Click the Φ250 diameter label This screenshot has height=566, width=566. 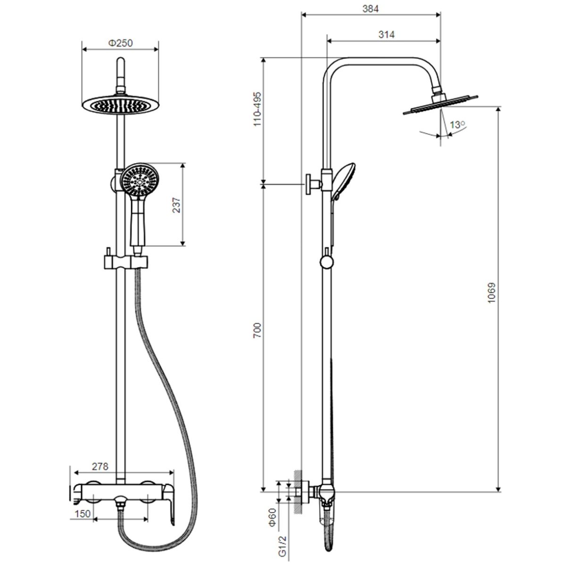click(120, 43)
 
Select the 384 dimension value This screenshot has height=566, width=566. click(370, 9)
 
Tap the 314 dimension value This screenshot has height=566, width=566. click(386, 34)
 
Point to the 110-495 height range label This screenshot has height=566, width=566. click(257, 109)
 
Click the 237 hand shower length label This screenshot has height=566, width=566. click(176, 205)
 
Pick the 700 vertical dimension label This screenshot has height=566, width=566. click(257, 330)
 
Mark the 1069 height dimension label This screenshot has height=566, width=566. click(491, 293)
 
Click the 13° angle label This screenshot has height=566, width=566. click(458, 125)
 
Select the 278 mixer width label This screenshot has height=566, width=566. click(100, 466)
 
